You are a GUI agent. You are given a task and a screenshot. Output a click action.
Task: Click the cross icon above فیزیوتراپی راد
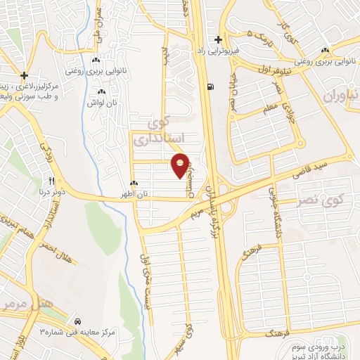click(x=219, y=39)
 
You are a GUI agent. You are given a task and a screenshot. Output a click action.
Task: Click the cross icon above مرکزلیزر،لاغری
click(x=25, y=75)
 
